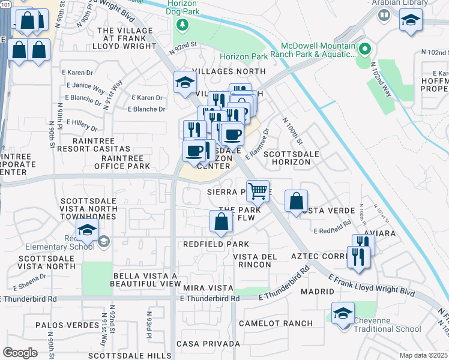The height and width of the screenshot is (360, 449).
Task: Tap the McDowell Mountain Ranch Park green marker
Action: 364,49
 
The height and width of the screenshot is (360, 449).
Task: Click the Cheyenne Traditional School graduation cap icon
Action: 343,314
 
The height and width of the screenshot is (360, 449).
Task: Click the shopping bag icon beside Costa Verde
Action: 297,202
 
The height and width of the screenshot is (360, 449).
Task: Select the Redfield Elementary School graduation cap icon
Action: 87,230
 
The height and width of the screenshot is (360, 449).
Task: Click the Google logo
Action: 20,353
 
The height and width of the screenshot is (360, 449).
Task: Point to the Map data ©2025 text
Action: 424,355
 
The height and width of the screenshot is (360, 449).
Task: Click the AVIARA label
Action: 376,233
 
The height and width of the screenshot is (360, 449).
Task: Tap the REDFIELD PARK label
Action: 216,244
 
